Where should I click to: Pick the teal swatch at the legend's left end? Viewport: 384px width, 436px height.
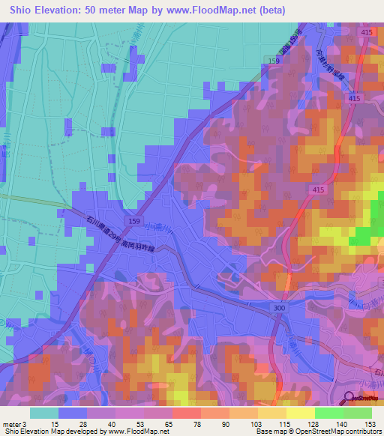[x=43, y=413]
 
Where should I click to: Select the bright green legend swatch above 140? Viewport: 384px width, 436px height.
[x=329, y=413]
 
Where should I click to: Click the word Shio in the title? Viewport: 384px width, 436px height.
[x=23, y=10]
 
